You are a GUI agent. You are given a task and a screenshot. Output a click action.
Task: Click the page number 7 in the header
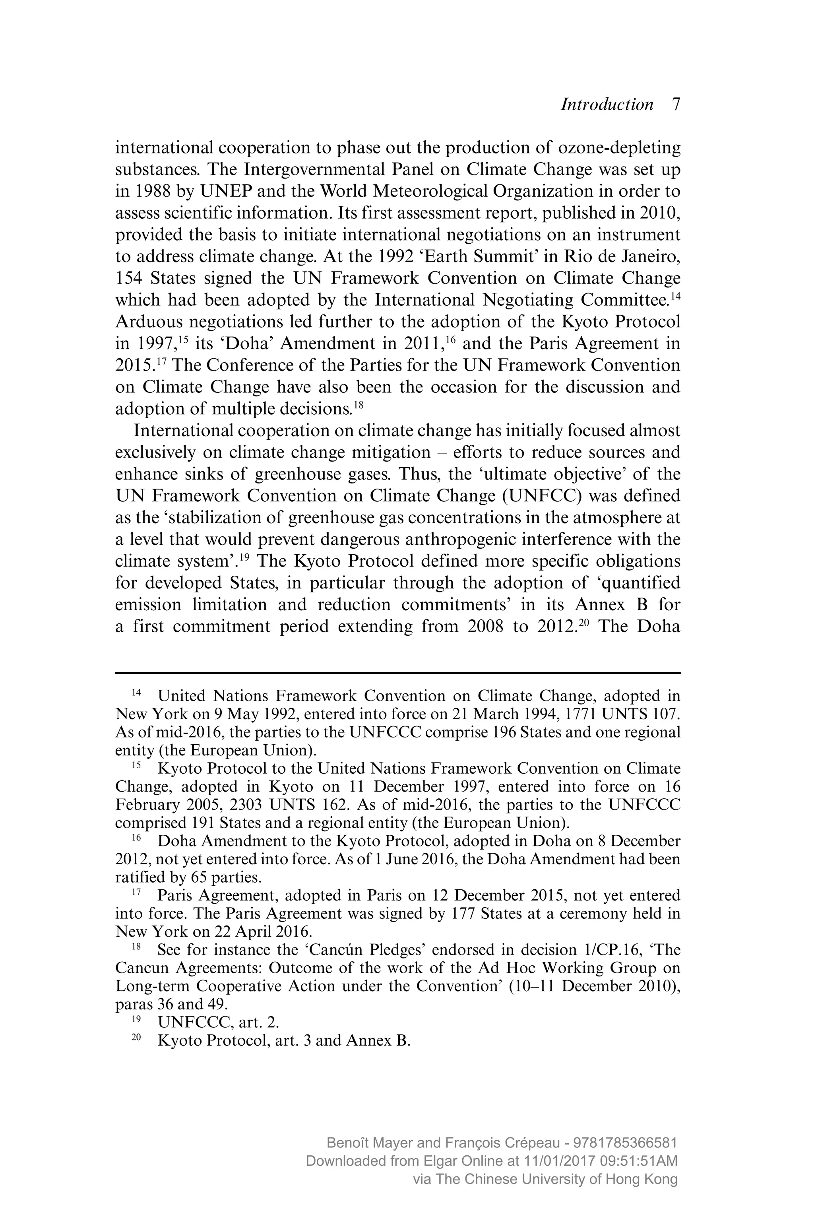tap(675, 105)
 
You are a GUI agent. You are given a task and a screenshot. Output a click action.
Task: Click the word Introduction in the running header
tap(607, 105)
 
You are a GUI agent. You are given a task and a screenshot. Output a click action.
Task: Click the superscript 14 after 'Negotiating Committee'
tap(675, 297)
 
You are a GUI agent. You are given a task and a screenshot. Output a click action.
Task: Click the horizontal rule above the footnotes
tap(397, 673)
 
